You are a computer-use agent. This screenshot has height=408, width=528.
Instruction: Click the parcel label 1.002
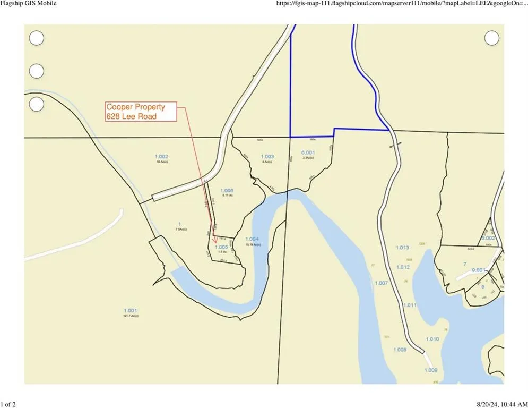click(161, 156)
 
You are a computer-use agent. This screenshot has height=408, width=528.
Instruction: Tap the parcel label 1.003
click(267, 156)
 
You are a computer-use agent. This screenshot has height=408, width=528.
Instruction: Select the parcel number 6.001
click(308, 152)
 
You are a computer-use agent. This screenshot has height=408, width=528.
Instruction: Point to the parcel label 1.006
click(227, 190)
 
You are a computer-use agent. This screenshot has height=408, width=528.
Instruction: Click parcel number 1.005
click(221, 247)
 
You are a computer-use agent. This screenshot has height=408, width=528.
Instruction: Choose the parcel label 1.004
click(252, 240)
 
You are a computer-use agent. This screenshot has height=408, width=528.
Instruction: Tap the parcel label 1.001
click(131, 311)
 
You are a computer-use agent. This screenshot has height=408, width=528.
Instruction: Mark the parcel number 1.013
click(402, 248)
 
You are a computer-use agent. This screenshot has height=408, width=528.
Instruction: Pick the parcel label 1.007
click(381, 283)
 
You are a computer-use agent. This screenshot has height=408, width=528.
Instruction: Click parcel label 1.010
click(432, 339)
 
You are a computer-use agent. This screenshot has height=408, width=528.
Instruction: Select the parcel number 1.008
click(400, 350)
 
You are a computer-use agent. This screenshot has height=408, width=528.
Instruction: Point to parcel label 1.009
click(430, 370)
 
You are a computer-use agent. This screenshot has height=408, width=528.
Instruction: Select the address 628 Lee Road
click(132, 116)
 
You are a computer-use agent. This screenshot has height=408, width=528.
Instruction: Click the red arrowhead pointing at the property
click(214, 241)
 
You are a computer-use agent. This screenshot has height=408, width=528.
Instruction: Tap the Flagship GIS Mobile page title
click(28, 3)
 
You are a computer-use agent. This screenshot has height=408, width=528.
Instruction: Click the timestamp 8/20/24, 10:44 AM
click(497, 405)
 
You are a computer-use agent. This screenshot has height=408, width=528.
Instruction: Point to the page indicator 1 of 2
click(8, 405)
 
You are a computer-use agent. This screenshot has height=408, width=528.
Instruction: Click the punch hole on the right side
click(492, 38)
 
